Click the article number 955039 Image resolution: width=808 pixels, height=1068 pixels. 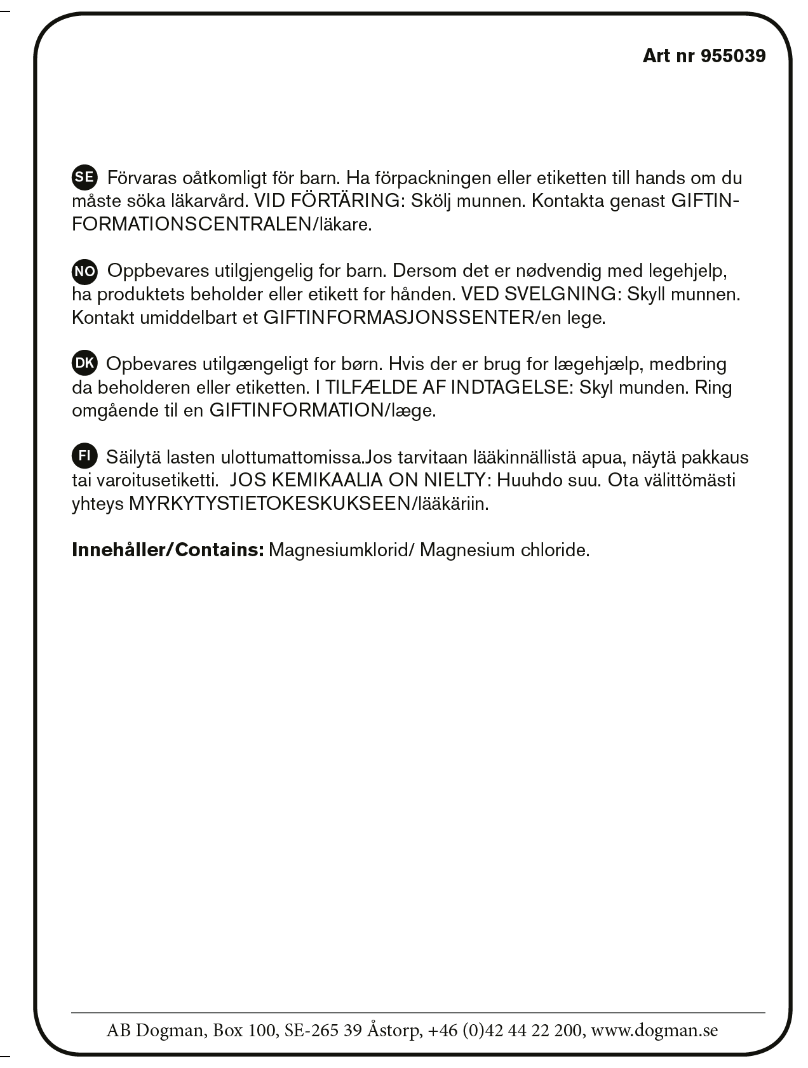click(733, 56)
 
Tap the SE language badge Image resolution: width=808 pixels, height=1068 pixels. click(84, 177)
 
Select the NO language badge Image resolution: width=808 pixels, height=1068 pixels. click(84, 271)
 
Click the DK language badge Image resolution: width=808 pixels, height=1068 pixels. click(84, 364)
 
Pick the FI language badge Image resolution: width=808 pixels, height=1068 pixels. click(84, 457)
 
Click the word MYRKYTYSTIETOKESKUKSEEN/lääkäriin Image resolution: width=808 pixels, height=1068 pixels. click(309, 504)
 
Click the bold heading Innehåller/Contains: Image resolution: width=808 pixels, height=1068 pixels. click(168, 550)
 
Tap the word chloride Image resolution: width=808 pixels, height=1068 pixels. click(555, 550)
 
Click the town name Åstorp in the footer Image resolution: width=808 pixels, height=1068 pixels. click(394, 1030)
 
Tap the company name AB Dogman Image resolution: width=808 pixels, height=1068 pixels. click(156, 1030)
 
